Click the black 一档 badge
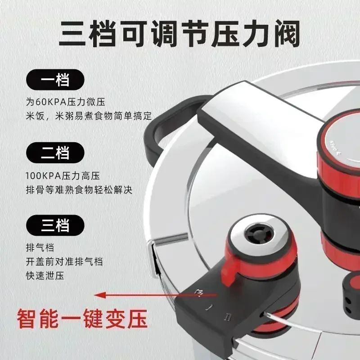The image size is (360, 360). [55, 80]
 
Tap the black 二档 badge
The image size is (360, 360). [55, 153]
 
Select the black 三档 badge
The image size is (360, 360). [55, 225]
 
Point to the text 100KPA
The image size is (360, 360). [43, 176]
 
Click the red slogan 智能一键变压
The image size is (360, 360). [82, 319]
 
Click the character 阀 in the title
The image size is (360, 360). [287, 33]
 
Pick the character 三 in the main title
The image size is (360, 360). [72, 33]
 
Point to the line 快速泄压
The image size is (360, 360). [45, 276]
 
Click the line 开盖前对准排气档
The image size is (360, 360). [64, 261]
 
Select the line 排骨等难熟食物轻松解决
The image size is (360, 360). [79, 190]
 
